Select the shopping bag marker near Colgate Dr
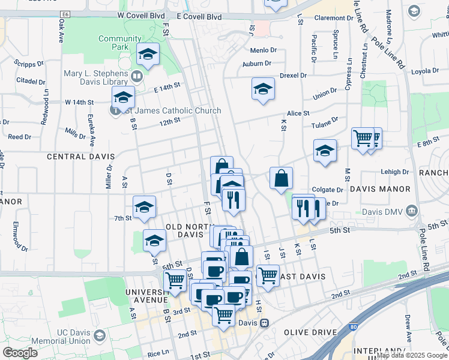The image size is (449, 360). pos(282,178)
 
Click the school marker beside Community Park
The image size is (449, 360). pos(148,55)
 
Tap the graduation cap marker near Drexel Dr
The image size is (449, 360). pos(263,90)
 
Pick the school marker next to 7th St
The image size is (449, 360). pos(145,208)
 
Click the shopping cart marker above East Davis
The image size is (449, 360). pos(268,277)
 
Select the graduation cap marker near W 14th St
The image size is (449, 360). pos(123,98)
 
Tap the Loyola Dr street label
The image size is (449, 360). pos(425,71)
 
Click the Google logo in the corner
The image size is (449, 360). pos(20,353)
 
